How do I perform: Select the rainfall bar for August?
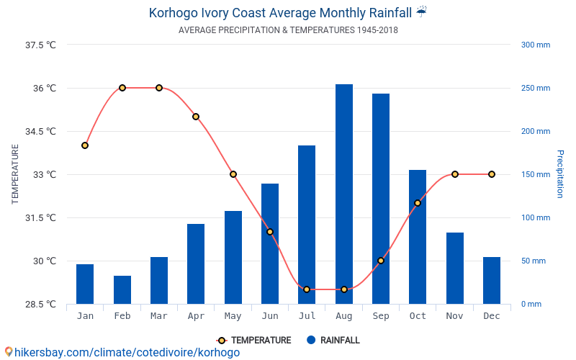pos(343,194)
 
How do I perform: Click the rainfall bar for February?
pos(122,289)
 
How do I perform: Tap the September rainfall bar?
pos(381,199)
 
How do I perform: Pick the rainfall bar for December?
pos(492,280)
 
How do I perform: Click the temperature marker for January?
pos(85,145)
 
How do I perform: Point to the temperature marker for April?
pos(196,117)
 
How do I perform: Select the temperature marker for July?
pos(307,289)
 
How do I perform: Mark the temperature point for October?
pos(418,203)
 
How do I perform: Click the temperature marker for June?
pos(270,232)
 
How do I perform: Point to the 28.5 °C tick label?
pos(40,305)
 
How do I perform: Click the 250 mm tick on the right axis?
pos(536,89)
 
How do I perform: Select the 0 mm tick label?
pos(531,305)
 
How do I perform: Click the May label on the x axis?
pos(233,316)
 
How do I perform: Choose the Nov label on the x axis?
pos(454,316)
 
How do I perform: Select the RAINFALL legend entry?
pos(333,341)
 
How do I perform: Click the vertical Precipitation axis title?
pos(559,174)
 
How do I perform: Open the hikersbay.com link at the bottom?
pos(122,353)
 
